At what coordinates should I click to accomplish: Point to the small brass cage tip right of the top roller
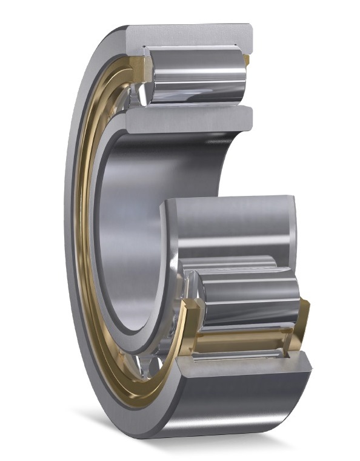coord(247,59)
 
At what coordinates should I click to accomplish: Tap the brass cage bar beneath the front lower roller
coord(242,343)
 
